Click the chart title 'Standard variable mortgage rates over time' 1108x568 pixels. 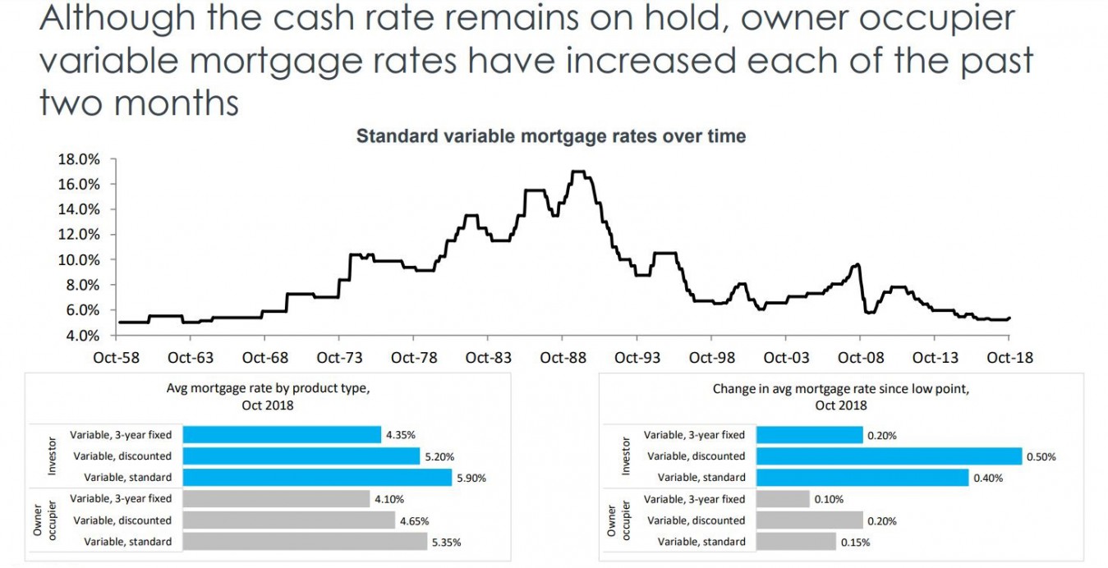(x=550, y=136)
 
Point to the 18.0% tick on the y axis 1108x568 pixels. (x=78, y=158)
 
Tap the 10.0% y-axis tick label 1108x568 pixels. (x=78, y=259)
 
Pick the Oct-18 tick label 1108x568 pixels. (x=1009, y=358)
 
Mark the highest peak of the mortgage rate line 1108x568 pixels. (x=578, y=172)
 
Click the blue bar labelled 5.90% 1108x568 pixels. (x=317, y=477)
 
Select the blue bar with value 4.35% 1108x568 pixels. (x=282, y=434)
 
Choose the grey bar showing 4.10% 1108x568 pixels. (x=276, y=498)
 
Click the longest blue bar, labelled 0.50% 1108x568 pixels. (x=889, y=456)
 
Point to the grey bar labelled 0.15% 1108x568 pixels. (x=796, y=541)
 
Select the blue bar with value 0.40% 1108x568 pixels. (x=862, y=477)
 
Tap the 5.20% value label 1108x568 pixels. (x=438, y=456)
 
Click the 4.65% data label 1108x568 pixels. (x=415, y=520)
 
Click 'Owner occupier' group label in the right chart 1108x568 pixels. (x=619, y=520)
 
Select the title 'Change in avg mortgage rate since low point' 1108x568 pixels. (x=840, y=389)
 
